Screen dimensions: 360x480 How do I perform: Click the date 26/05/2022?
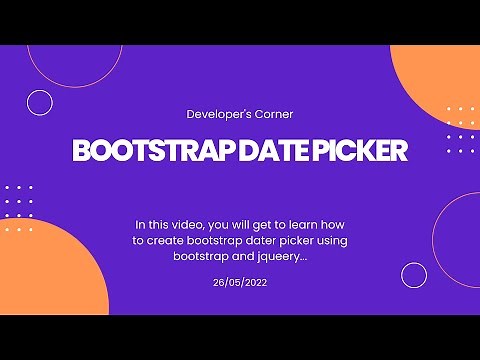point(240,283)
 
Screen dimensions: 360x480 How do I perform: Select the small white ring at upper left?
point(40,102)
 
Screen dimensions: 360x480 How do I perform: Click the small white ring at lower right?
point(414,275)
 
